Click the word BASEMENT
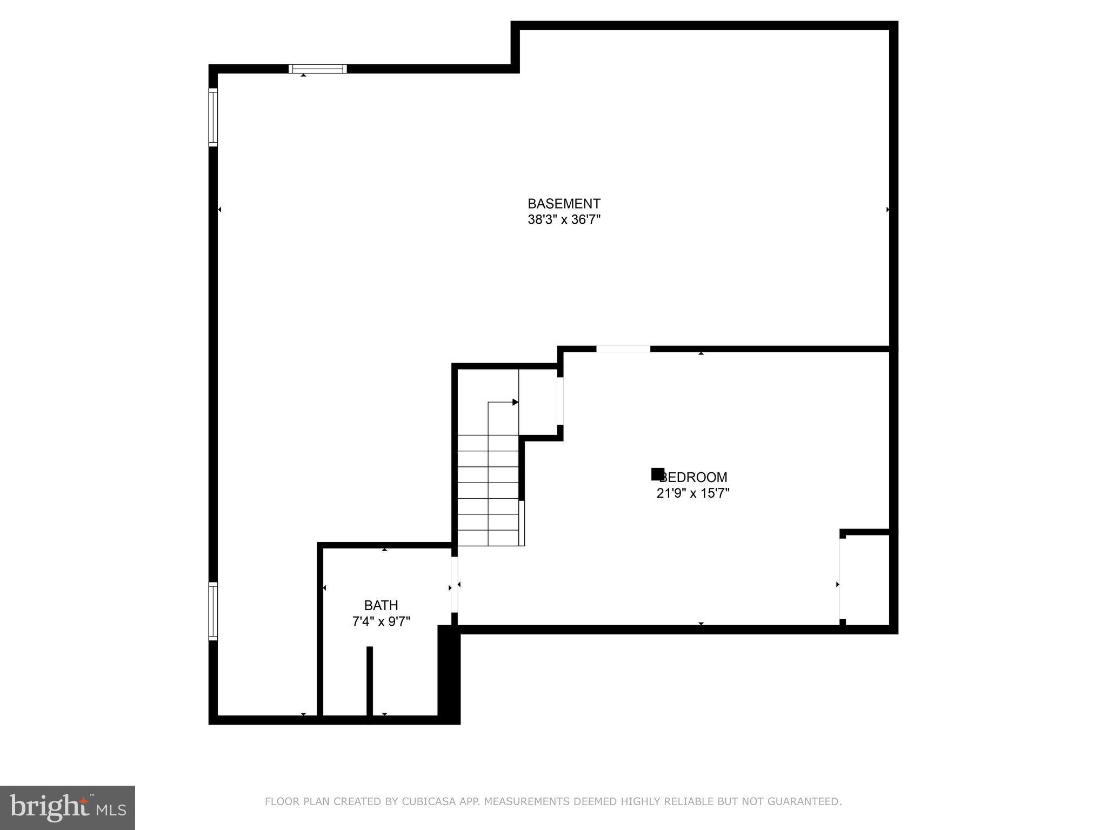[564, 204]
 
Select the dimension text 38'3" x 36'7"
[564, 220]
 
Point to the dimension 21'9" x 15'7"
[693, 493]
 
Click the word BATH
[381, 605]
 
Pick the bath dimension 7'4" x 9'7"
[381, 622]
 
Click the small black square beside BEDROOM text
[657, 474]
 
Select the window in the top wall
[317, 69]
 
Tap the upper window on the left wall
[213, 117]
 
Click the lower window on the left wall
[213, 611]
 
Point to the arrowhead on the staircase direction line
[515, 402]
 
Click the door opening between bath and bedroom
[455, 584]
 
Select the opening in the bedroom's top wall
[623, 349]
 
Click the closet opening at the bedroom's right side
[841, 579]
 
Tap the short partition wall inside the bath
[370, 681]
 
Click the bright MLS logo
[68, 807]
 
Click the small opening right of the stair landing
[561, 401]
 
